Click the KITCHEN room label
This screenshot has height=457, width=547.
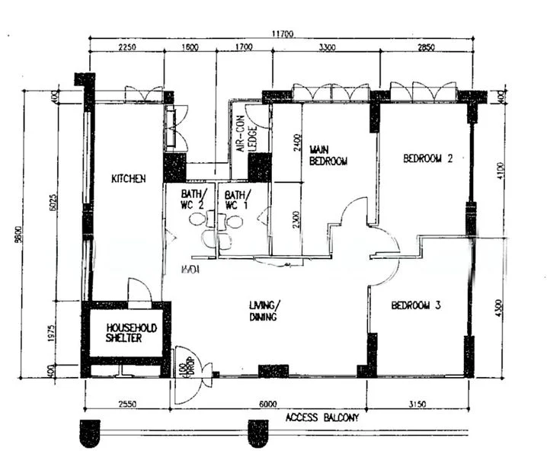point(128,179)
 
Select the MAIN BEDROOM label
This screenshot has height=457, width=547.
point(328,155)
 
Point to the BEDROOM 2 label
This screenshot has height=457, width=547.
point(427,159)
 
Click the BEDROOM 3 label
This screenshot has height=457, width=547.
point(417,305)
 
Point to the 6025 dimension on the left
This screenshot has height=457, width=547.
point(53,202)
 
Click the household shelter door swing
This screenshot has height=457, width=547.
point(139,290)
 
